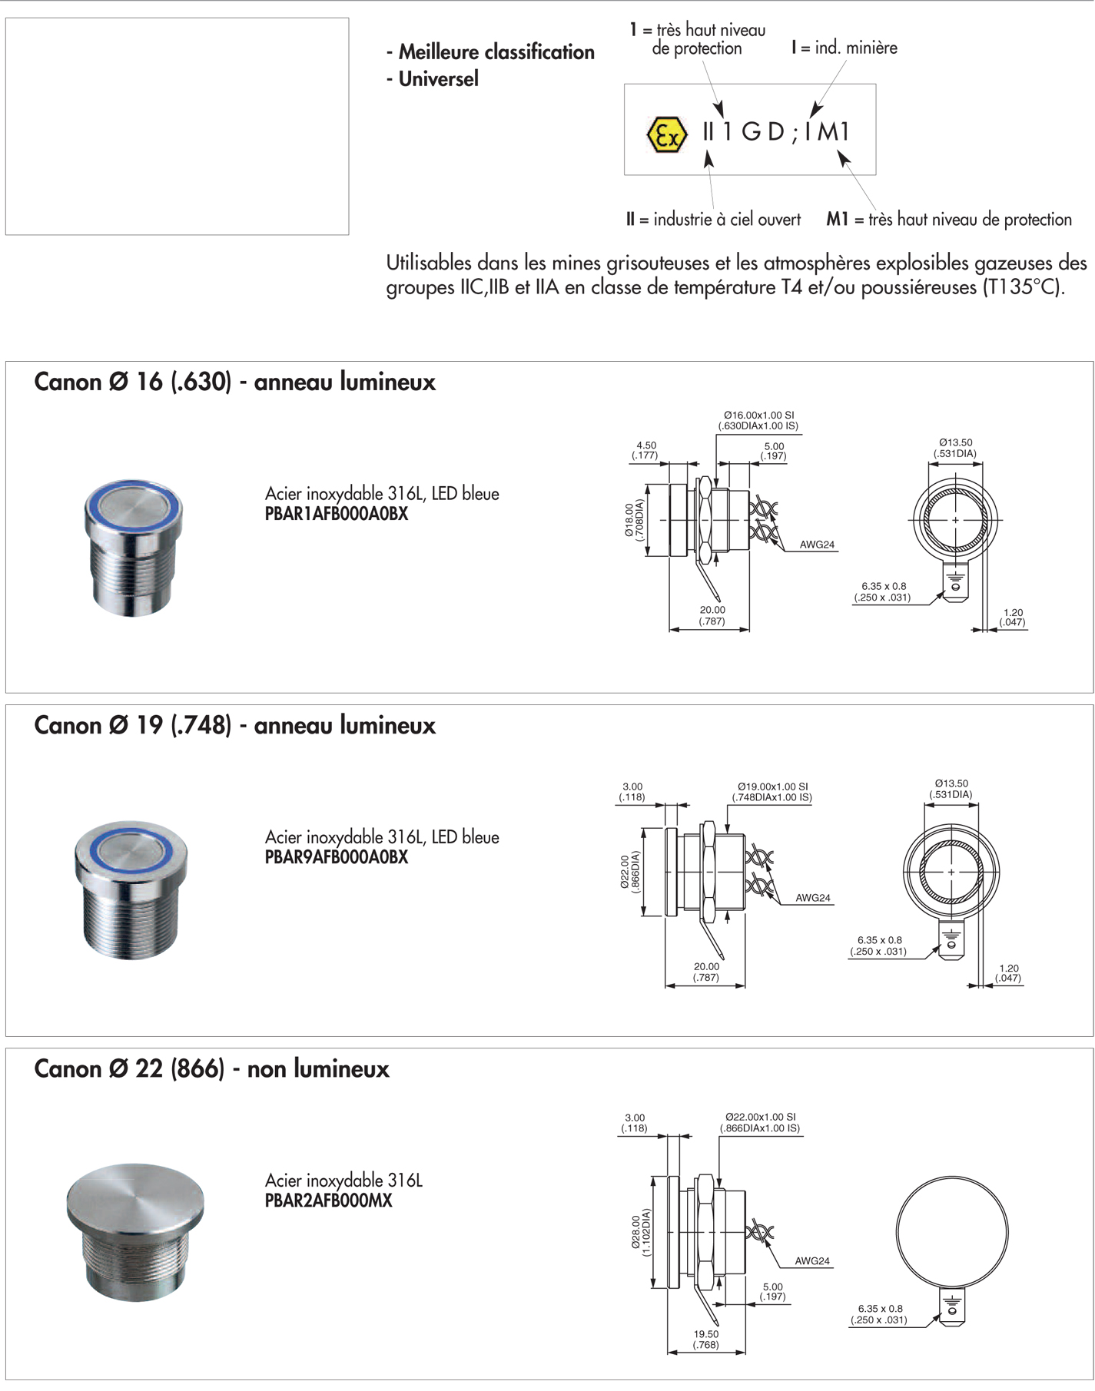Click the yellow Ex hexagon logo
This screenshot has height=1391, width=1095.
coord(665,134)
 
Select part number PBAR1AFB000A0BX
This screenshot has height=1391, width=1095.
coord(336,515)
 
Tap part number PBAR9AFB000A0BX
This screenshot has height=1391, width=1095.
coord(336,858)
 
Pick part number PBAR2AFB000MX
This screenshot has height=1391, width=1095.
coord(328,1201)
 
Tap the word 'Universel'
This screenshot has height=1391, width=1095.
coord(438,79)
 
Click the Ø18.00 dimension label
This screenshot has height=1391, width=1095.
coord(634,520)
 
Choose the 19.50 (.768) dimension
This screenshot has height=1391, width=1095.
coord(705,1340)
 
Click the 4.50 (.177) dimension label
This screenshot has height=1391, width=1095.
coord(645,450)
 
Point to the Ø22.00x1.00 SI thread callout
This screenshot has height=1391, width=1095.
coord(760,1122)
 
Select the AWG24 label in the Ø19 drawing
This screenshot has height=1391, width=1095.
coord(812,898)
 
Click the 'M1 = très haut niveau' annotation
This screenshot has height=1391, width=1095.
coord(948,220)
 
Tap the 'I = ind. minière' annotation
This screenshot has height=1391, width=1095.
coord(844,48)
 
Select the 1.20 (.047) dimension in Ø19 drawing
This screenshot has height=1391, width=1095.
coord(1008,973)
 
